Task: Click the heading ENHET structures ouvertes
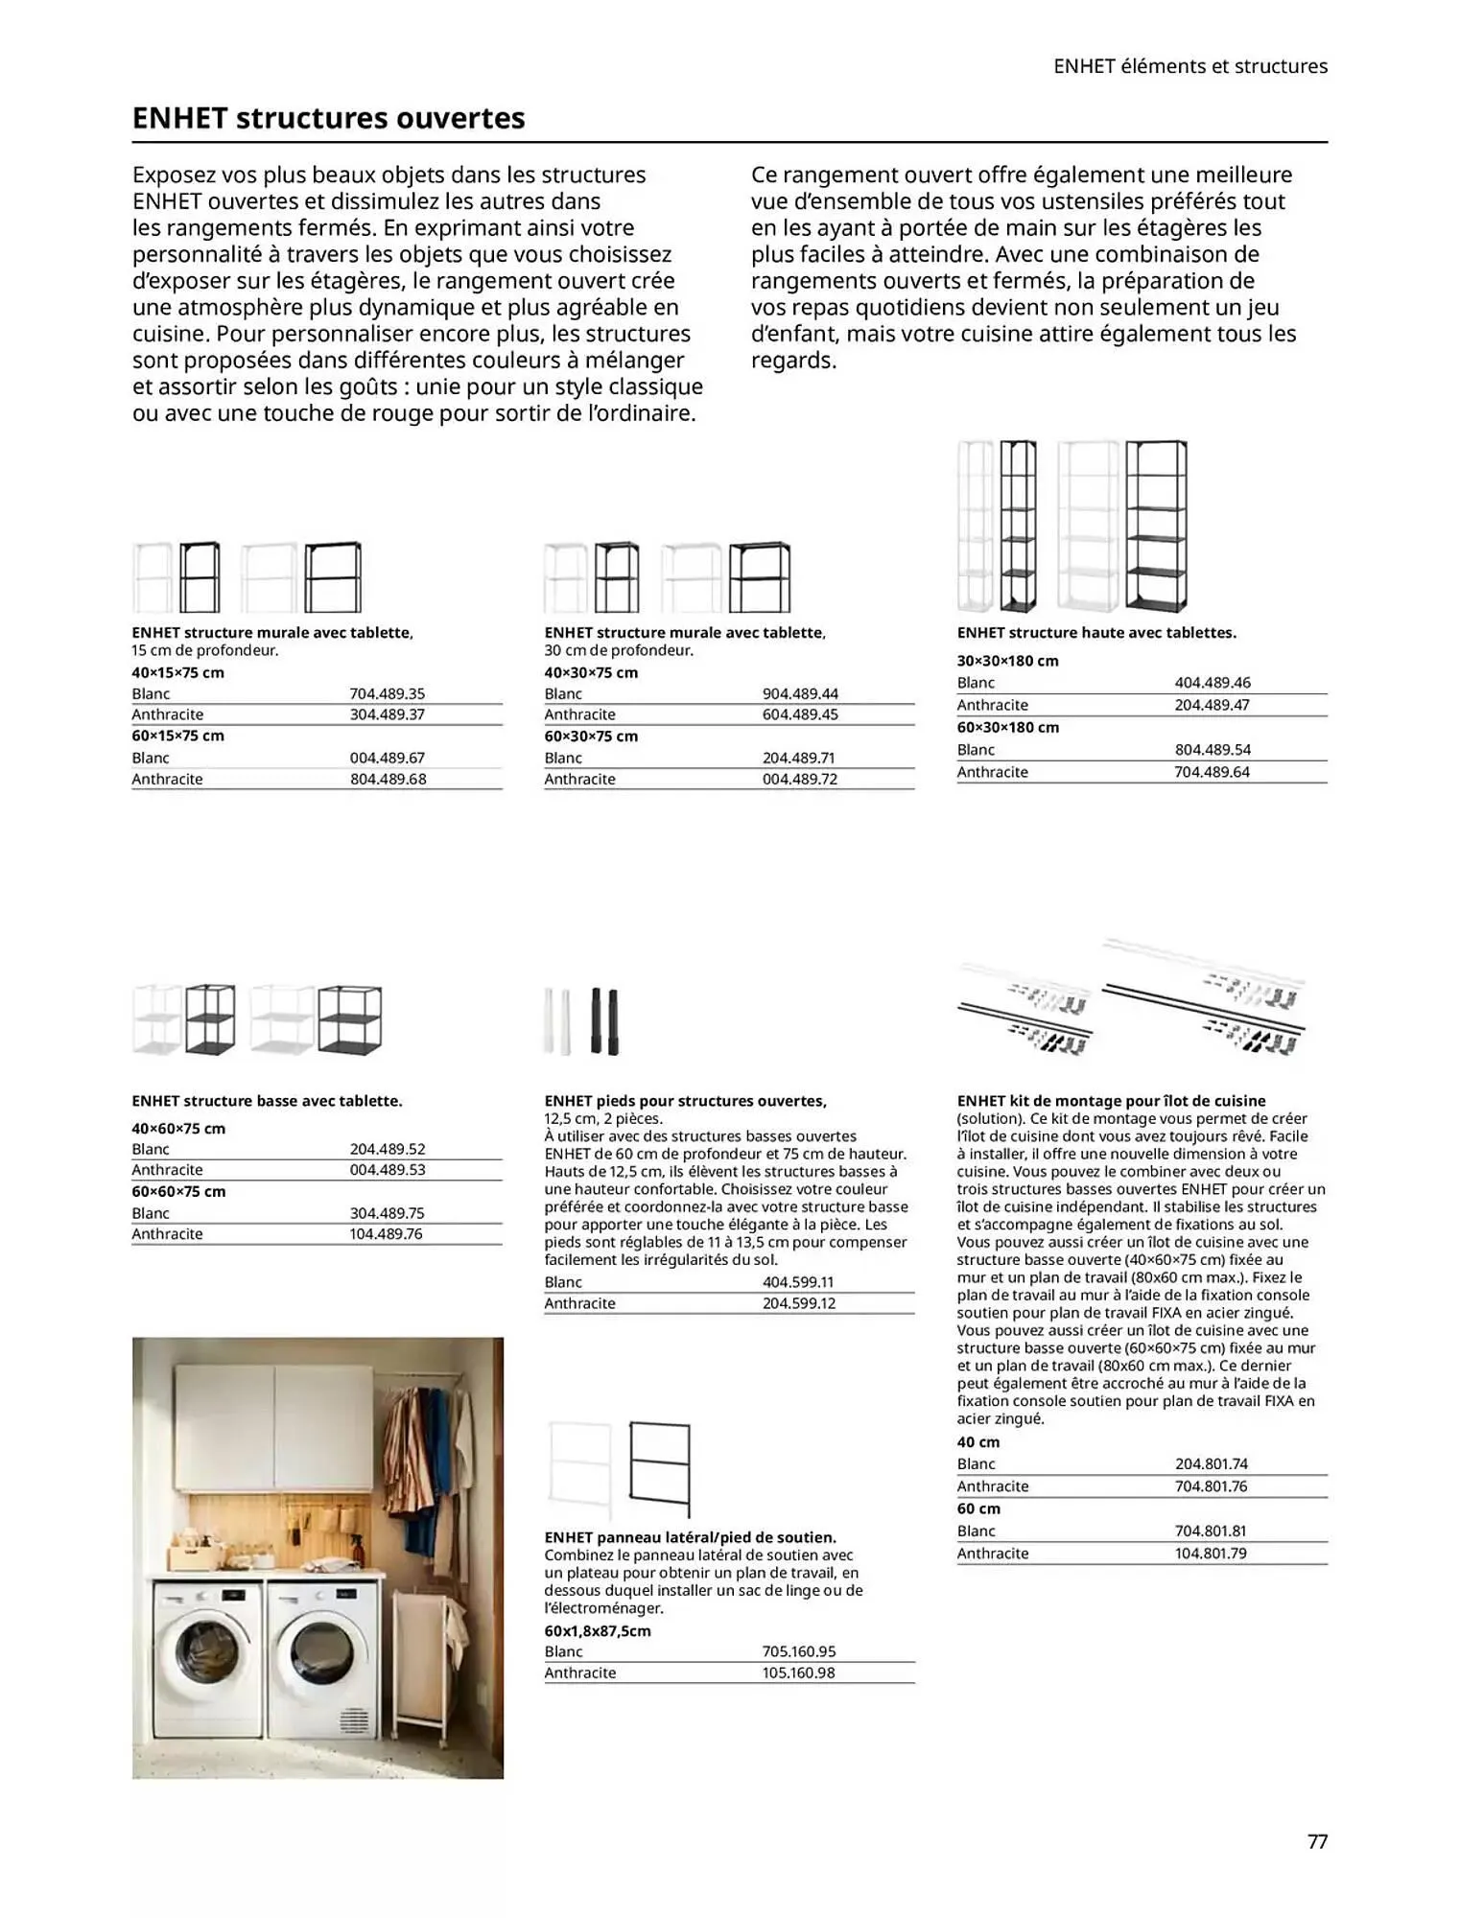point(328,118)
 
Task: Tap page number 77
point(1317,1841)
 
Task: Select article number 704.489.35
point(387,693)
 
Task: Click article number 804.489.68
point(388,779)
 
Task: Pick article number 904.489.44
point(800,693)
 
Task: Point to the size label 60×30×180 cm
point(1007,727)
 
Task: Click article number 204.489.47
point(1212,705)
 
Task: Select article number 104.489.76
point(386,1234)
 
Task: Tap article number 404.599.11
point(798,1282)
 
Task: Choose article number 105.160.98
point(798,1672)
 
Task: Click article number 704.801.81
point(1211,1532)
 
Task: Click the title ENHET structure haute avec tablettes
point(1095,633)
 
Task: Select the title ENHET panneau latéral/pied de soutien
point(690,1537)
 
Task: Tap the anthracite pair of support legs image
point(604,1021)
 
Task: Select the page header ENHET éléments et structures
point(1189,66)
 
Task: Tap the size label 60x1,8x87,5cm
point(597,1630)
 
